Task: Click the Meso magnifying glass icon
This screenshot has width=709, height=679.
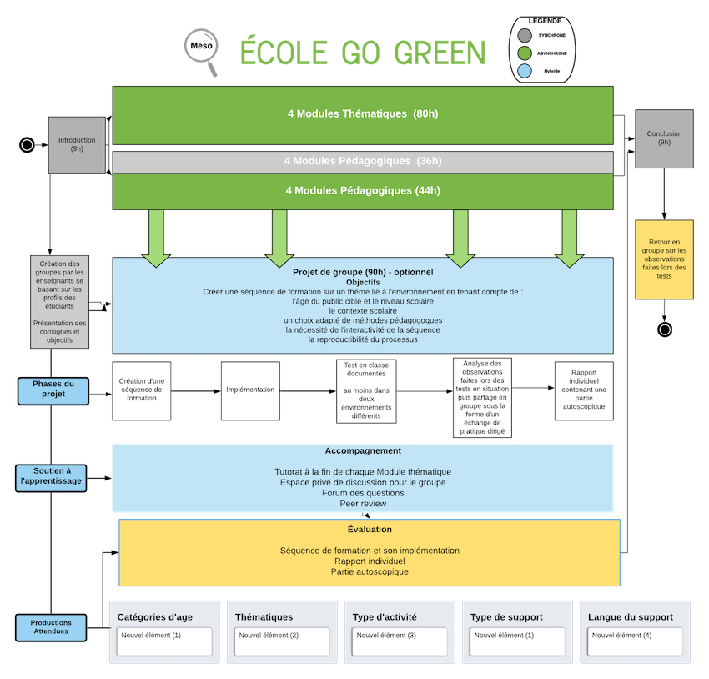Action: point(201,51)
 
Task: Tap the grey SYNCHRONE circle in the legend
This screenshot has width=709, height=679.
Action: point(525,35)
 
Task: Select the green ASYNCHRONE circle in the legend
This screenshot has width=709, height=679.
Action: point(525,53)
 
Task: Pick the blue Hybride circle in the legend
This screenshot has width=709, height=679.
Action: point(525,71)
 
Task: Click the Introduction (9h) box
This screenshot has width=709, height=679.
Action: point(77,144)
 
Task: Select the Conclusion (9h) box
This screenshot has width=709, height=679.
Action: point(664,138)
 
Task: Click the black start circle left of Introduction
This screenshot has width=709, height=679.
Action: point(28,145)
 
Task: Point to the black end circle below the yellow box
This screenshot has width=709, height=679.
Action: point(665,329)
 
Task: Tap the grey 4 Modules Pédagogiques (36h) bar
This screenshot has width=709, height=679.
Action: point(363,162)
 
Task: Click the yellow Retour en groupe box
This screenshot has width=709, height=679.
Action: point(664,259)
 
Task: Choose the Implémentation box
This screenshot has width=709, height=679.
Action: point(250,390)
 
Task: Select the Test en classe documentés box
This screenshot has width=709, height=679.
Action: point(366,391)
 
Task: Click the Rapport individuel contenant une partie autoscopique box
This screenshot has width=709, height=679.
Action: point(584,390)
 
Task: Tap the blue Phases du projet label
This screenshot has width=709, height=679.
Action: point(53,391)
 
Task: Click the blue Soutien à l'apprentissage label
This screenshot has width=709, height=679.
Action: point(51,478)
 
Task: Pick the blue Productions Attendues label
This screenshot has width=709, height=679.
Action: point(51,627)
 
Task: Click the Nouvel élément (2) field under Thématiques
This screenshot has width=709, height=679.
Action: point(282,641)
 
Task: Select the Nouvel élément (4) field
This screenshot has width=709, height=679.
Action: point(635,641)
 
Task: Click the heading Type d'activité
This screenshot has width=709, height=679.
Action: point(385,617)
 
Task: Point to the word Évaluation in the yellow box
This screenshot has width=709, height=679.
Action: point(370,530)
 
